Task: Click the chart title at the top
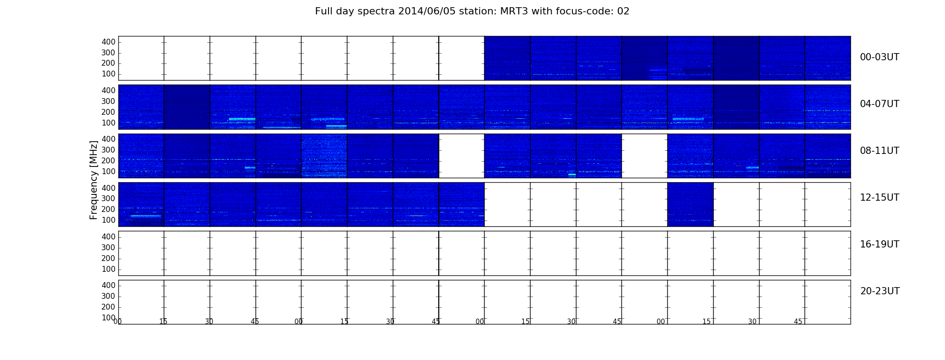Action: (472, 11)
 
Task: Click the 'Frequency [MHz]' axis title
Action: (94, 180)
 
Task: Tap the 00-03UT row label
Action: (879, 57)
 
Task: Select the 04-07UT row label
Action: (879, 104)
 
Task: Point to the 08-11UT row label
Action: (879, 151)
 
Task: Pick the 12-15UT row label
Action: (879, 198)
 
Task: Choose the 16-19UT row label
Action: (879, 244)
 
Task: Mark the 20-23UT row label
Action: (880, 291)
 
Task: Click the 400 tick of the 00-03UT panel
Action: (108, 42)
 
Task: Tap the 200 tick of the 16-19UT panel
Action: (108, 258)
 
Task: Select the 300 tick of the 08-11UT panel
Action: (108, 150)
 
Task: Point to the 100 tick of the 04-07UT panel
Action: (108, 123)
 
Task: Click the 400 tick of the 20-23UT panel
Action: (108, 285)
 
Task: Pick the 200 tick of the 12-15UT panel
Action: (108, 209)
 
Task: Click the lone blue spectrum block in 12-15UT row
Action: (690, 204)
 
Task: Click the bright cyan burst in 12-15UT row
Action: (145, 216)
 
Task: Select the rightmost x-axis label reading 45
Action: (798, 322)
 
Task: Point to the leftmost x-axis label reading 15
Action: (163, 322)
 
